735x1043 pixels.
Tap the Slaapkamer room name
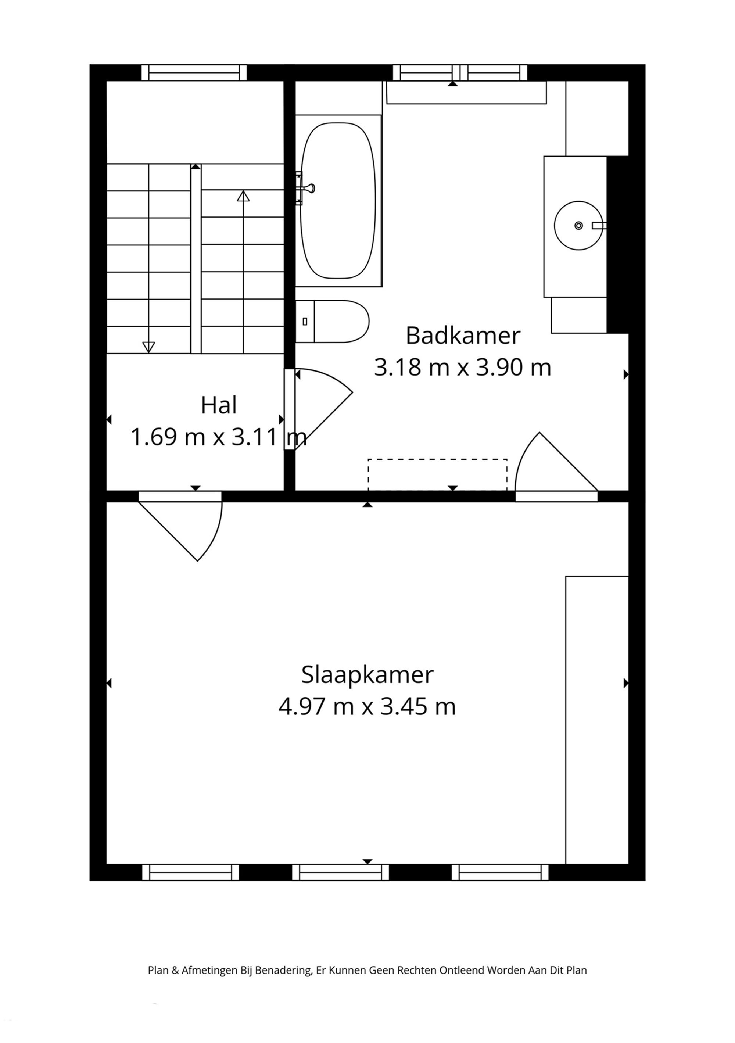pyautogui.click(x=367, y=675)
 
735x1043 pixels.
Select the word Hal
pyautogui.click(x=219, y=405)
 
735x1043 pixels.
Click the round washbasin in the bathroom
pyautogui.click(x=578, y=225)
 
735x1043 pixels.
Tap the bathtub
pyautogui.click(x=338, y=200)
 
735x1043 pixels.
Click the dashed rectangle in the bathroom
pyautogui.click(x=437, y=475)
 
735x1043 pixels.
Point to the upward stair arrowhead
pyautogui.click(x=244, y=196)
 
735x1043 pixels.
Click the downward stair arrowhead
pyautogui.click(x=148, y=347)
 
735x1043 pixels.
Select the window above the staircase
pyautogui.click(x=194, y=73)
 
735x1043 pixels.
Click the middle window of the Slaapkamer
pyautogui.click(x=340, y=872)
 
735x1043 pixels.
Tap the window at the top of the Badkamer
pyautogui.click(x=460, y=73)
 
